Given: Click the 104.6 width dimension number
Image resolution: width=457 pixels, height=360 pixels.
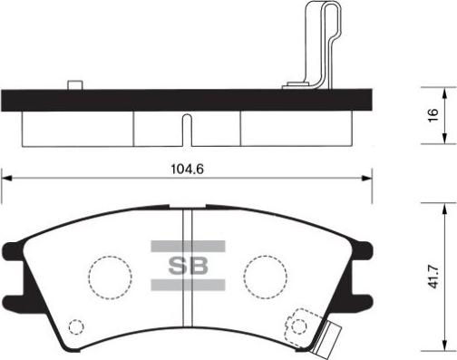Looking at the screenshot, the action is [x=188, y=169].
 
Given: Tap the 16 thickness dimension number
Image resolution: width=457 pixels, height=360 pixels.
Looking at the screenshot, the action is [x=433, y=115].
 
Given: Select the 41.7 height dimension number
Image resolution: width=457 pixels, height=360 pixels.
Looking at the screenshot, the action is [x=433, y=277].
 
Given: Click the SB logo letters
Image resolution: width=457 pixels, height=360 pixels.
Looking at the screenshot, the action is [x=188, y=266].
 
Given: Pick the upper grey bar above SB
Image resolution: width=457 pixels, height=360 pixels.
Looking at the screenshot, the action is [x=188, y=247].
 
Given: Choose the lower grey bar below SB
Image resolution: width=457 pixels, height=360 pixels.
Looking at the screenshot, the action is [x=188, y=285].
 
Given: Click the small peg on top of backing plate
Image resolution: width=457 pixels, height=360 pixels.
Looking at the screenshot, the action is [x=75, y=85].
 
